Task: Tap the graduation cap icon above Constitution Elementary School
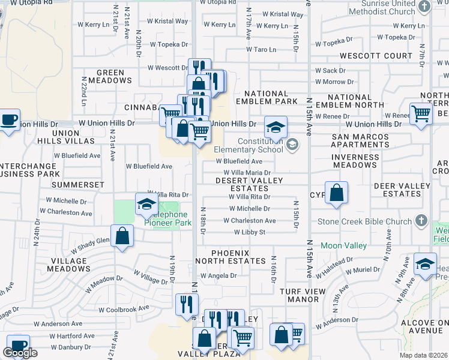276,127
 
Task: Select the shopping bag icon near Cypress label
337,193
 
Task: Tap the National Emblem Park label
267,98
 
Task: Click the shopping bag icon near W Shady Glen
122,236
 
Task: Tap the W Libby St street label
250,232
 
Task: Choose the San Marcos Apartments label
360,141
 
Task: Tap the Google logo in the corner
20,353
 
